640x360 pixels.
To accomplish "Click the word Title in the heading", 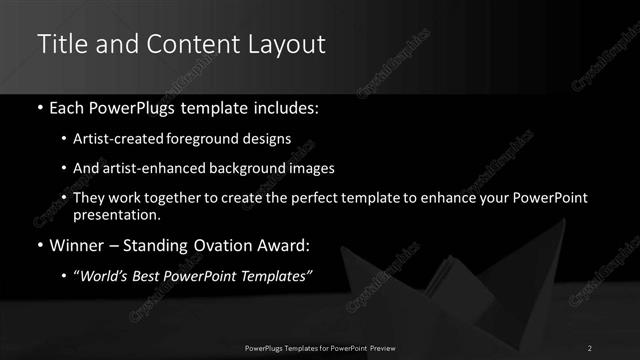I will pos(60,44).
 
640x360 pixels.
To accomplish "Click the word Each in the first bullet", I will pos(68,105).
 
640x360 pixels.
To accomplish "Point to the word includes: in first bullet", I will pos(287,105).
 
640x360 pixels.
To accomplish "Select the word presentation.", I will pos(116,214).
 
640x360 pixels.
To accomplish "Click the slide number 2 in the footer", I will pos(590,347).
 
